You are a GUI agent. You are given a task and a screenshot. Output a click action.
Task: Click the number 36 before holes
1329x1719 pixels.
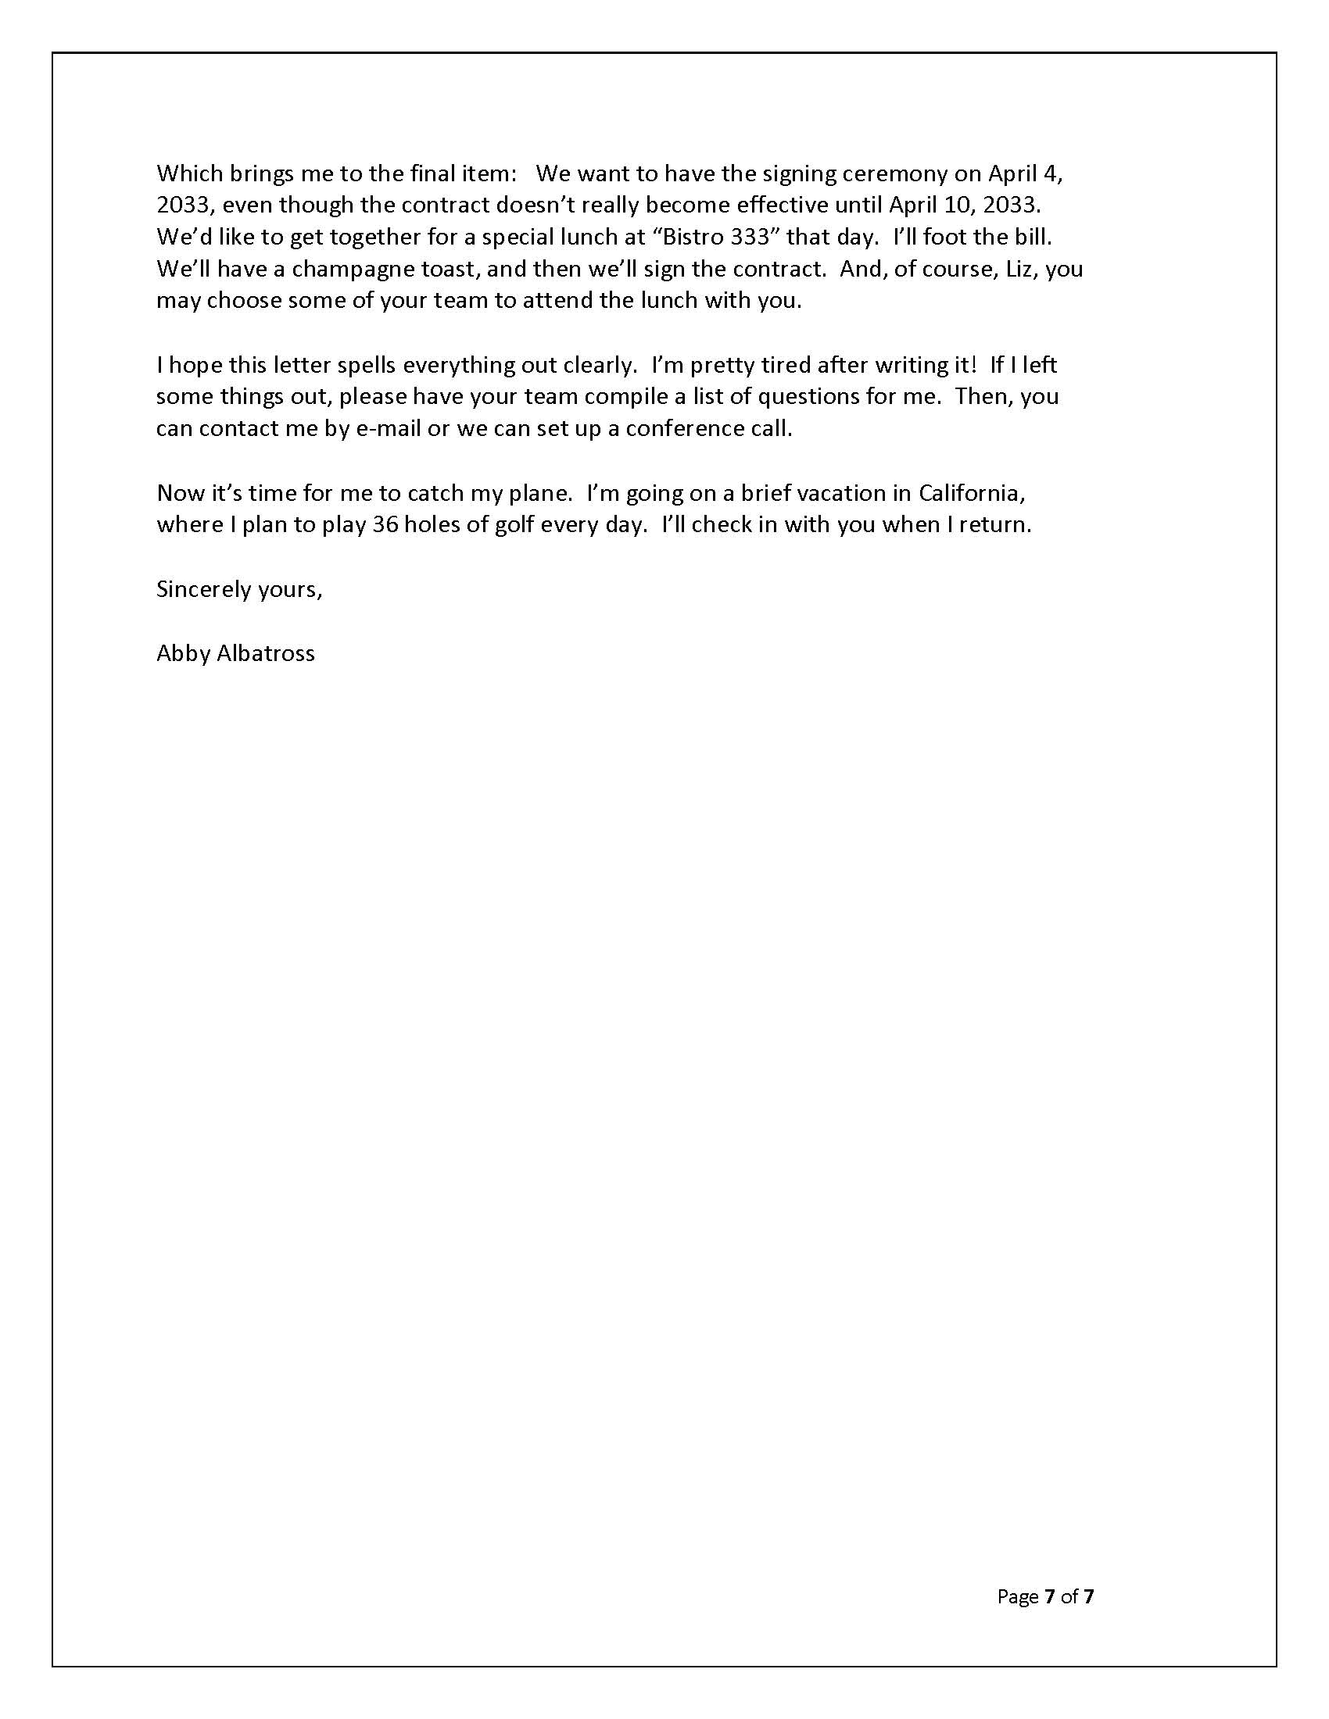(385, 525)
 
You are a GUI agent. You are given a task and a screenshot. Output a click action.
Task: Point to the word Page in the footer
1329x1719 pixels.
(1018, 1596)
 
